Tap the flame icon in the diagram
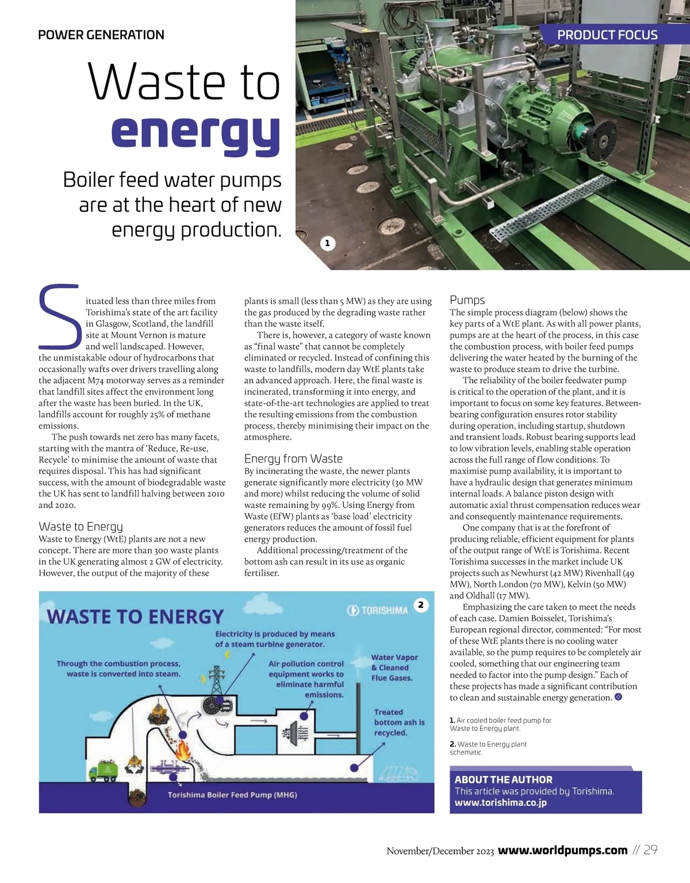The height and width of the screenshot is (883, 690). click(183, 749)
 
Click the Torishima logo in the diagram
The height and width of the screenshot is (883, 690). click(378, 610)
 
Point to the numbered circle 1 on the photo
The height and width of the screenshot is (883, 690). click(327, 243)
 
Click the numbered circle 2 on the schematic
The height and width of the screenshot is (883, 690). click(421, 605)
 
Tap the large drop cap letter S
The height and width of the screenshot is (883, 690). click(59, 316)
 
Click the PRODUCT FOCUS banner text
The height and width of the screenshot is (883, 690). click(607, 35)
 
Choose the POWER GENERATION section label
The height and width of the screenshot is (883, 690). click(101, 35)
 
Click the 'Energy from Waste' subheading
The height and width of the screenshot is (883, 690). click(293, 458)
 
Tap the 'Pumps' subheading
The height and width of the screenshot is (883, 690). click(467, 300)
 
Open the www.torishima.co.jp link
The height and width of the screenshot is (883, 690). click(500, 802)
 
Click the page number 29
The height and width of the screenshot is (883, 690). click(650, 850)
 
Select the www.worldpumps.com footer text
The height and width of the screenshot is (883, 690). click(562, 850)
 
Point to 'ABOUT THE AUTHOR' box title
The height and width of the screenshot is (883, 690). click(503, 779)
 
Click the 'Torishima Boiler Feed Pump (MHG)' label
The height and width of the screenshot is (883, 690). click(232, 795)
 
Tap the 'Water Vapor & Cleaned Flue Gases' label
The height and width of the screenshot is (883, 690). click(394, 667)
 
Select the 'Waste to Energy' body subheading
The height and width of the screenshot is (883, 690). click(80, 526)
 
